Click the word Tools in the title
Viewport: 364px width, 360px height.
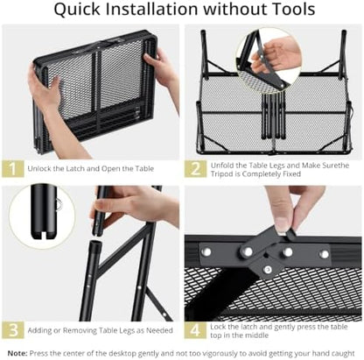point(294,9)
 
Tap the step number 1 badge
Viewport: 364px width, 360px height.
point(13,168)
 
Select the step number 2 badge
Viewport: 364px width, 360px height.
point(195,169)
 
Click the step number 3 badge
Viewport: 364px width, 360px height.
point(13,330)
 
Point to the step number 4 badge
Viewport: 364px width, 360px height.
point(195,330)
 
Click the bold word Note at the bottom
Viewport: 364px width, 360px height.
point(17,353)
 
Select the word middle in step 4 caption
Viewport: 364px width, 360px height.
point(255,335)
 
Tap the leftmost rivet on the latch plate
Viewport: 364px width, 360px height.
point(206,251)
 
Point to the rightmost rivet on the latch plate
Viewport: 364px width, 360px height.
point(324,254)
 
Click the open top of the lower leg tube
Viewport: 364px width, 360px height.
point(94,243)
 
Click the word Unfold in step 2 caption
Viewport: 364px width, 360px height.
point(222,166)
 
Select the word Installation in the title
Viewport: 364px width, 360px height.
point(151,9)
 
